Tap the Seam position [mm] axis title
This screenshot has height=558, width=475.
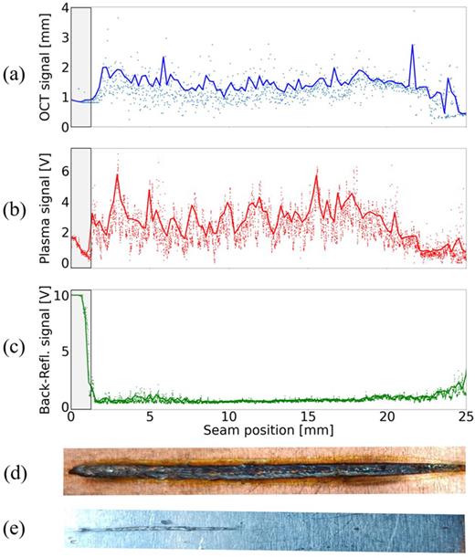(x=268, y=431)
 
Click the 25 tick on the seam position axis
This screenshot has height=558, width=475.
(x=464, y=418)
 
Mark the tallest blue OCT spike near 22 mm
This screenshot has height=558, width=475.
(x=413, y=46)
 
